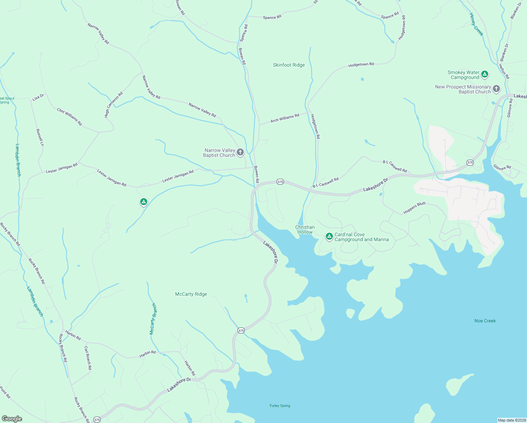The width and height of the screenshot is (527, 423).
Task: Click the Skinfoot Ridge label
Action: click(289, 65)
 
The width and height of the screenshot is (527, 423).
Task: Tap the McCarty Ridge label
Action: click(191, 294)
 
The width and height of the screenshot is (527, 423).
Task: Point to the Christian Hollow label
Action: click(305, 229)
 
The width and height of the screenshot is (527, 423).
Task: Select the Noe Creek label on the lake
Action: click(485, 321)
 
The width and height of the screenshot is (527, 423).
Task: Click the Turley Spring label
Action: click(280, 406)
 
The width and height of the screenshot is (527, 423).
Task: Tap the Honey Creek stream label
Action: click(476, 24)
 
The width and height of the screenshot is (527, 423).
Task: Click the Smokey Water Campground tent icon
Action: click(485, 74)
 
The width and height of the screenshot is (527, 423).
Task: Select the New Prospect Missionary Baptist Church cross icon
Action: click(496, 88)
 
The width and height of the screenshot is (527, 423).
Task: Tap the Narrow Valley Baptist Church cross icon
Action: click(240, 152)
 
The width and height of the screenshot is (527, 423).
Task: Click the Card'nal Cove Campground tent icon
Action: click(329, 236)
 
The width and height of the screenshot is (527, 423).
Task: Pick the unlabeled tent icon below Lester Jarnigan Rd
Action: click(143, 202)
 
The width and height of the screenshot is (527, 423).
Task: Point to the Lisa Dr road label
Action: click(38, 97)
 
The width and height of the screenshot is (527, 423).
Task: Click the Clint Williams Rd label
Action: click(69, 117)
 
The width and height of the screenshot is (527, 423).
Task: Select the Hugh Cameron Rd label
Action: click(113, 105)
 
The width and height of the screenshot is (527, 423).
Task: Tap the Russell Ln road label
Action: click(40, 137)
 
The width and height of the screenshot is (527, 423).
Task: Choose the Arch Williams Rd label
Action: click(285, 118)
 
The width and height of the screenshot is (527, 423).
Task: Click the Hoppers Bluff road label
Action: click(414, 208)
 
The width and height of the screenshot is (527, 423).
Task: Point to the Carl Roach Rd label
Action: click(88, 358)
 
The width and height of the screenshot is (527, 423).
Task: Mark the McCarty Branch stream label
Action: click(153, 319)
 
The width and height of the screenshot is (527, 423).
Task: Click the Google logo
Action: click(12, 419)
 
